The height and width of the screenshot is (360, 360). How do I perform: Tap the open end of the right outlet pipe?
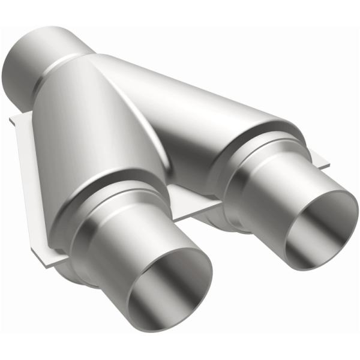[320, 227]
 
